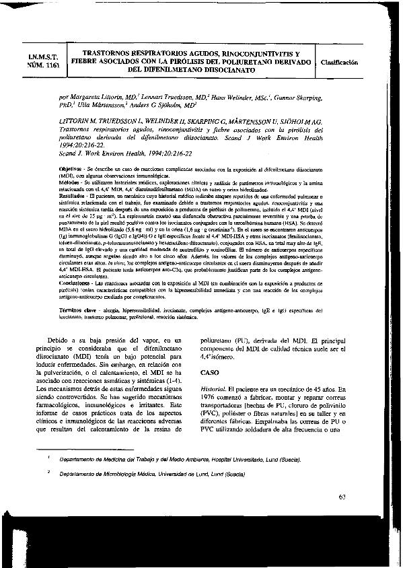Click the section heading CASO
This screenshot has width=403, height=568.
[x=211, y=371]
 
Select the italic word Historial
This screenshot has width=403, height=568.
[x=213, y=390]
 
